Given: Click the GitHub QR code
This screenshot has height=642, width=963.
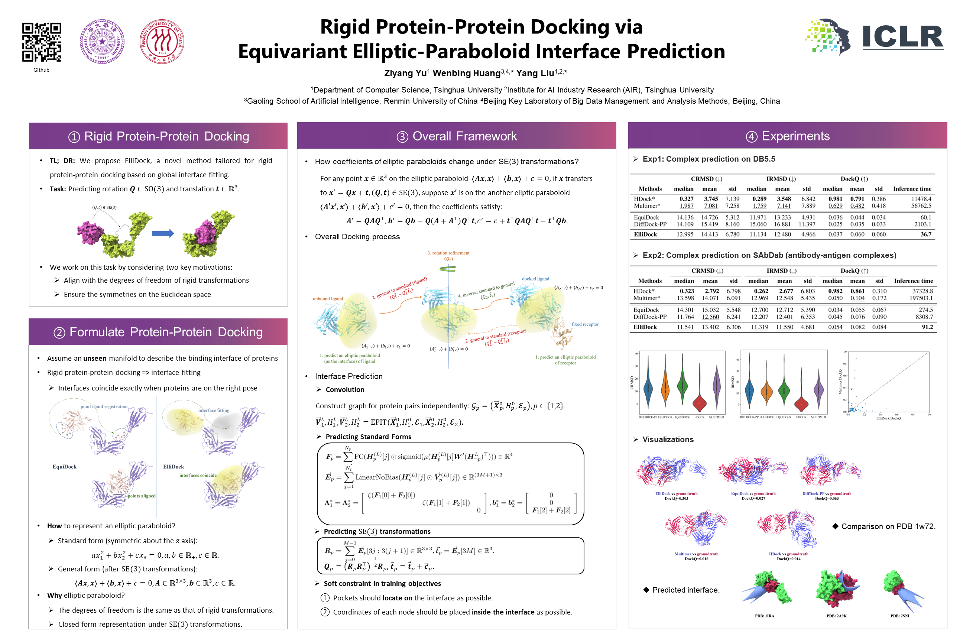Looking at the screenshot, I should pos(41,42).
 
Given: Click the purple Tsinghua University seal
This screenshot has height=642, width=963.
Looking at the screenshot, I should pos(102,41).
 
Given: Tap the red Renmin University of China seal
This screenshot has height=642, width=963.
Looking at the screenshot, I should pos(162,41).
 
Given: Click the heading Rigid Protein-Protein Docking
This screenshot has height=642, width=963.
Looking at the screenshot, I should pos(158,136).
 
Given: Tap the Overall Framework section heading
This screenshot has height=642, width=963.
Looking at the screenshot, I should pos(457,136).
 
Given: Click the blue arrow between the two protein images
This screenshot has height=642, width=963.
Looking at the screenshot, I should pos(163,233).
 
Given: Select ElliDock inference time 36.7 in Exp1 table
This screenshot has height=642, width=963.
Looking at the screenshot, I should pos(925,234).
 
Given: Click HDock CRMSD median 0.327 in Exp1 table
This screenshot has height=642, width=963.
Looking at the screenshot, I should pos(686,199).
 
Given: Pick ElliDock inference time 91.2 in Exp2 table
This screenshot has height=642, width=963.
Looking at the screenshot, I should pos(927,327).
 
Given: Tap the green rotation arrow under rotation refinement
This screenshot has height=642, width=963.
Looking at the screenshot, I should pos(448,269).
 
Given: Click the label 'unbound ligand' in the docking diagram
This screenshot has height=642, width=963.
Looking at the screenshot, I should pos(328,298).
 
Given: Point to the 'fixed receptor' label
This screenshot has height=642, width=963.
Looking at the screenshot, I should pos(585,324).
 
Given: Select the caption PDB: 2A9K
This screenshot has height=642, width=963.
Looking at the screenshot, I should pos(836,616).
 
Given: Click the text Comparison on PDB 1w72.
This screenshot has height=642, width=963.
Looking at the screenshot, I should pos(888,526).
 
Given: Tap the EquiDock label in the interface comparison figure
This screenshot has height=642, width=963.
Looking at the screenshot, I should pos(64,467).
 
